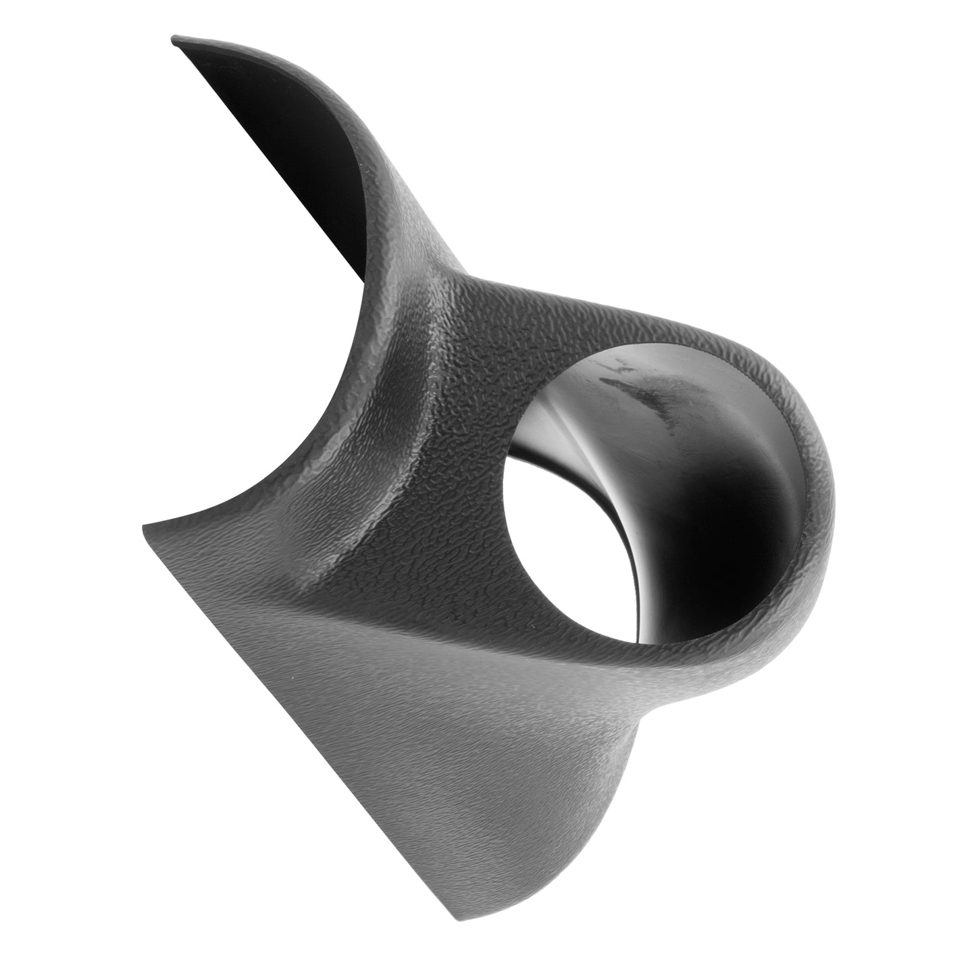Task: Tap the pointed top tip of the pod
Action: (x=174, y=39)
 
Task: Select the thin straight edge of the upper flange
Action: (x=270, y=169)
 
